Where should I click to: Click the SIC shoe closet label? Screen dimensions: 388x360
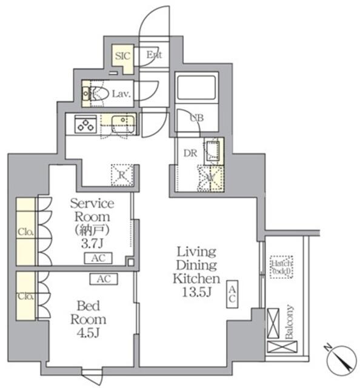pos(124,55)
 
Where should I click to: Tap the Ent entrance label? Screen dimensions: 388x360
pos(154,55)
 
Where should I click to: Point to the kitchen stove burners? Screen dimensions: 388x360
pos(84,125)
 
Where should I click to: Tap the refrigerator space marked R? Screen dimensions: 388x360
pos(122,175)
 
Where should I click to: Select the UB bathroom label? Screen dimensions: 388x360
pos(196,118)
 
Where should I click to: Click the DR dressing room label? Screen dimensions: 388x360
pos(189,153)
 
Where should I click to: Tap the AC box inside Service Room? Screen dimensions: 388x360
pos(97,258)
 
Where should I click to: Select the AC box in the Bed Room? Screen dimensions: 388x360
pos(104,279)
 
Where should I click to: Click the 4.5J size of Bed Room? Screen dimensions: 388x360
pos(88,332)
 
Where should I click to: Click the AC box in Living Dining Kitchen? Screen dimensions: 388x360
pos(233,295)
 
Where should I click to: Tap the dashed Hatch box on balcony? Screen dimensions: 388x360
pos(282,267)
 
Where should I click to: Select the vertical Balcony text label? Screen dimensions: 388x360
pos(290,322)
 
